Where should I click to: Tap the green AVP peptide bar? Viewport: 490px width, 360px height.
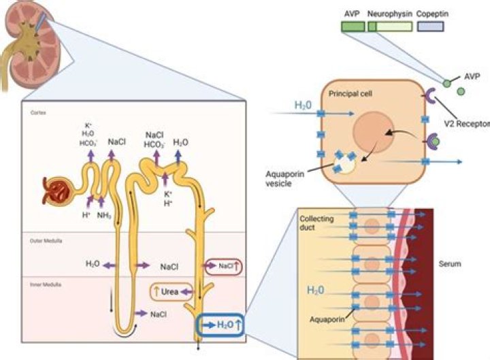(353, 27)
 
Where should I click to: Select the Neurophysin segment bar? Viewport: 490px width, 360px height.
(389, 27)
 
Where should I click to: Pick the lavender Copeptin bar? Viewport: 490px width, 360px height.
(430, 27)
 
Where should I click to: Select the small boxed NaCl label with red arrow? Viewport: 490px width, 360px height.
(223, 267)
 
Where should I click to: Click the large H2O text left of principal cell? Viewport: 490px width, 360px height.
(304, 105)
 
